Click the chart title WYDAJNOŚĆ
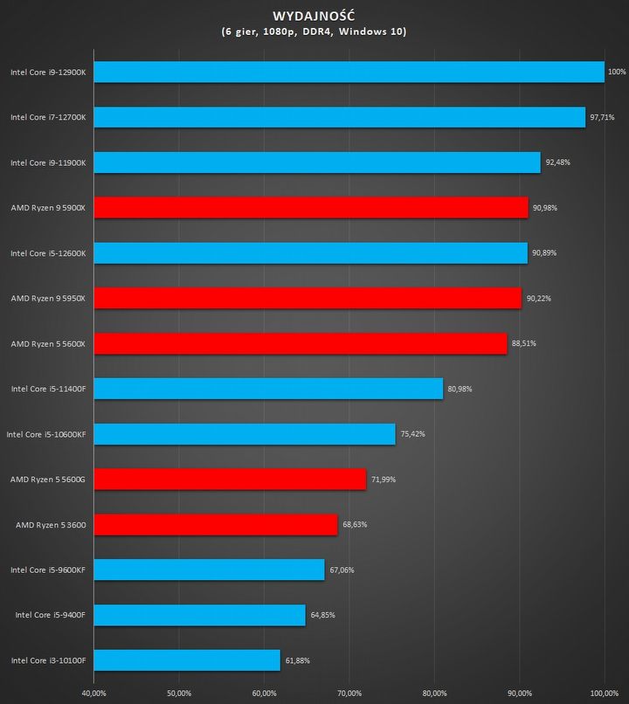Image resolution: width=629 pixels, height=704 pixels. pos(314,15)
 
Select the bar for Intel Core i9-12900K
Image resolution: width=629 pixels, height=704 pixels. pos(349,72)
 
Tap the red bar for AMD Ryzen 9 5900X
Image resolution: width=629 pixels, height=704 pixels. pos(310,207)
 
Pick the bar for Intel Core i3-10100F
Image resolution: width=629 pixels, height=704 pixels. pos(187,660)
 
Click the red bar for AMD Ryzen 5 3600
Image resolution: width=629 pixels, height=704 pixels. pos(215,524)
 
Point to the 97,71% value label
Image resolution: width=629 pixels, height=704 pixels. pos(603,117)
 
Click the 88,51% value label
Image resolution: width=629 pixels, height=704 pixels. pos(524,343)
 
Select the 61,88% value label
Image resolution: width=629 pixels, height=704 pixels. pos(297,660)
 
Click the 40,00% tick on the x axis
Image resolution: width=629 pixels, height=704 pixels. pos(93,693)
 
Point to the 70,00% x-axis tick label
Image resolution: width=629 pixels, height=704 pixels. pos(349,693)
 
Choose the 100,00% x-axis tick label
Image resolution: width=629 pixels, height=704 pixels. pos(605,693)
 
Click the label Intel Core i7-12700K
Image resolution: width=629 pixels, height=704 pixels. pos(48,117)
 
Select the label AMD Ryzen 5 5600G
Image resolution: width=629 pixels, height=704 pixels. pos(48,480)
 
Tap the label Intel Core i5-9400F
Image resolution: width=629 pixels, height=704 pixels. pos(51,615)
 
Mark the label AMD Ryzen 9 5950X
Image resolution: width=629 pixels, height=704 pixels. pos(48,298)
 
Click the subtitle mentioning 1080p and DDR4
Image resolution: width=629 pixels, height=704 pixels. pos(314,31)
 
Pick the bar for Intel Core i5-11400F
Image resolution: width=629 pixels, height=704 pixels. pos(268,389)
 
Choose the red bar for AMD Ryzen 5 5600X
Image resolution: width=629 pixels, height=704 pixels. pos(300,343)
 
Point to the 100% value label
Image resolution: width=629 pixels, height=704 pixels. pos(617,72)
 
